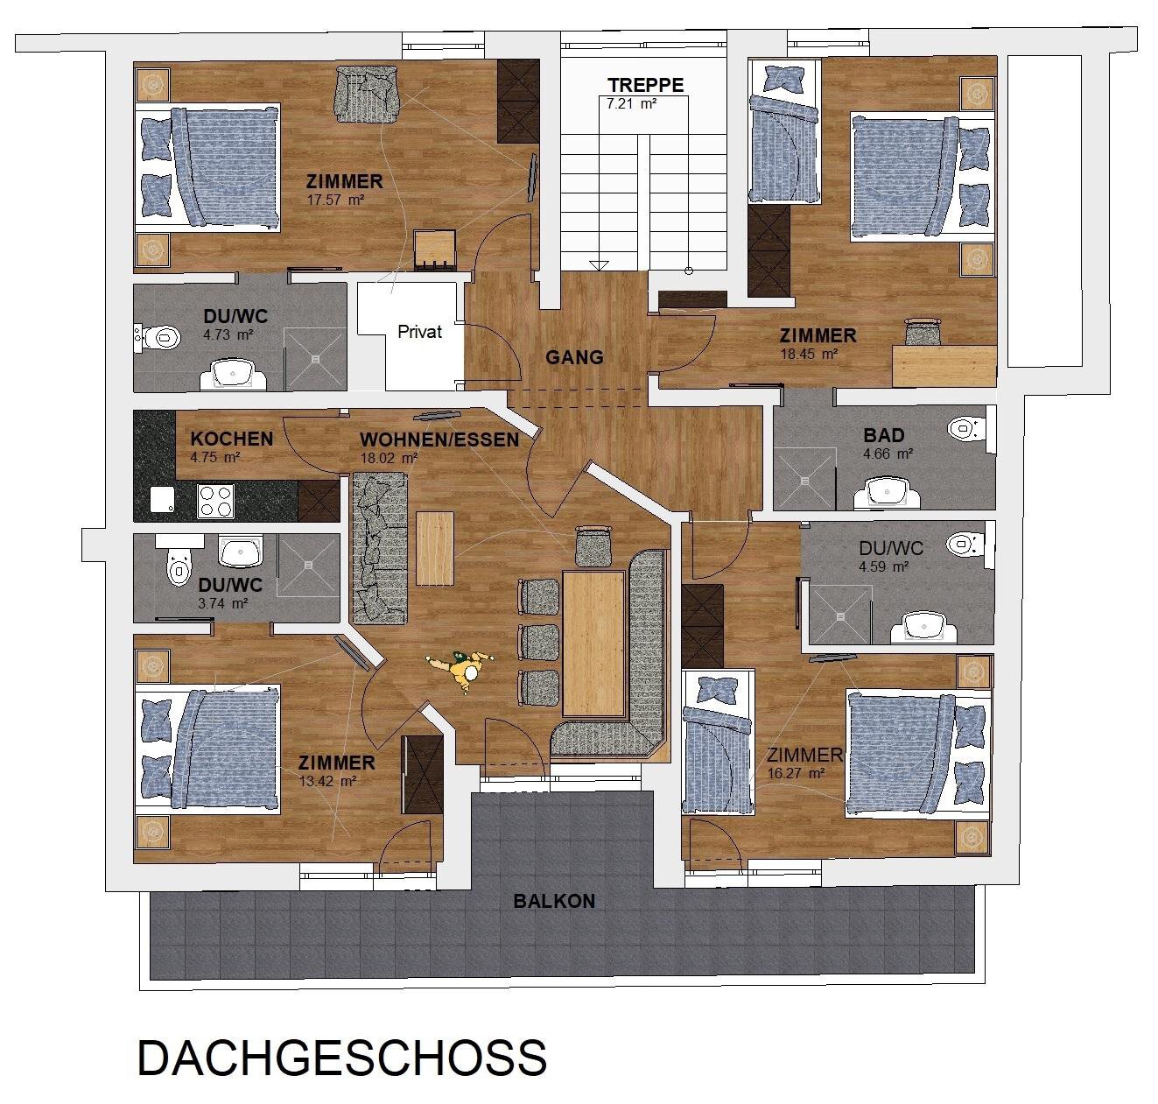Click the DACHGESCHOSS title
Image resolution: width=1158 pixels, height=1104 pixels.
(x=342, y=1058)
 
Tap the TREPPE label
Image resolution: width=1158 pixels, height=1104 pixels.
(x=646, y=86)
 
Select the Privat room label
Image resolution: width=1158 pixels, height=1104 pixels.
(x=419, y=332)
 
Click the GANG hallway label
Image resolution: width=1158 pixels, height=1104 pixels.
(x=574, y=357)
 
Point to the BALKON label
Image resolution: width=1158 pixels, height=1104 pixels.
(x=554, y=901)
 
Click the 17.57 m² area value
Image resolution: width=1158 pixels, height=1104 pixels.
(x=335, y=200)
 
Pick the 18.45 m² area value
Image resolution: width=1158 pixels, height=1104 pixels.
(x=809, y=354)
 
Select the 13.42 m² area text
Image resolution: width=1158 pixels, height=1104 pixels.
(x=326, y=781)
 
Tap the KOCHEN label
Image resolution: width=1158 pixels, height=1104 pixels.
(x=231, y=439)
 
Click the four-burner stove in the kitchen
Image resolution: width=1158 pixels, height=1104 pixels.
(x=215, y=501)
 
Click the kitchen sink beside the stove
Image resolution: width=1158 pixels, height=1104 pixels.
(x=162, y=500)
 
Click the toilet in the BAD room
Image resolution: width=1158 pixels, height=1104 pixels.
(x=966, y=428)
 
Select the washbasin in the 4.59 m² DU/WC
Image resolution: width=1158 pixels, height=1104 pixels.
(x=923, y=627)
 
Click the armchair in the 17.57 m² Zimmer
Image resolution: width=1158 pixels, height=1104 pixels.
(x=368, y=91)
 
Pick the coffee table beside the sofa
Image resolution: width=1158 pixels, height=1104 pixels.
(x=435, y=548)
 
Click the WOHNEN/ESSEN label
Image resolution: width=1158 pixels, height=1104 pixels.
(x=439, y=439)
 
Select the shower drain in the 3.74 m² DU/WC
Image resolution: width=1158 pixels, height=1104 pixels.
(x=308, y=565)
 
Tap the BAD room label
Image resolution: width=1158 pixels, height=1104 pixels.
(x=883, y=435)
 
